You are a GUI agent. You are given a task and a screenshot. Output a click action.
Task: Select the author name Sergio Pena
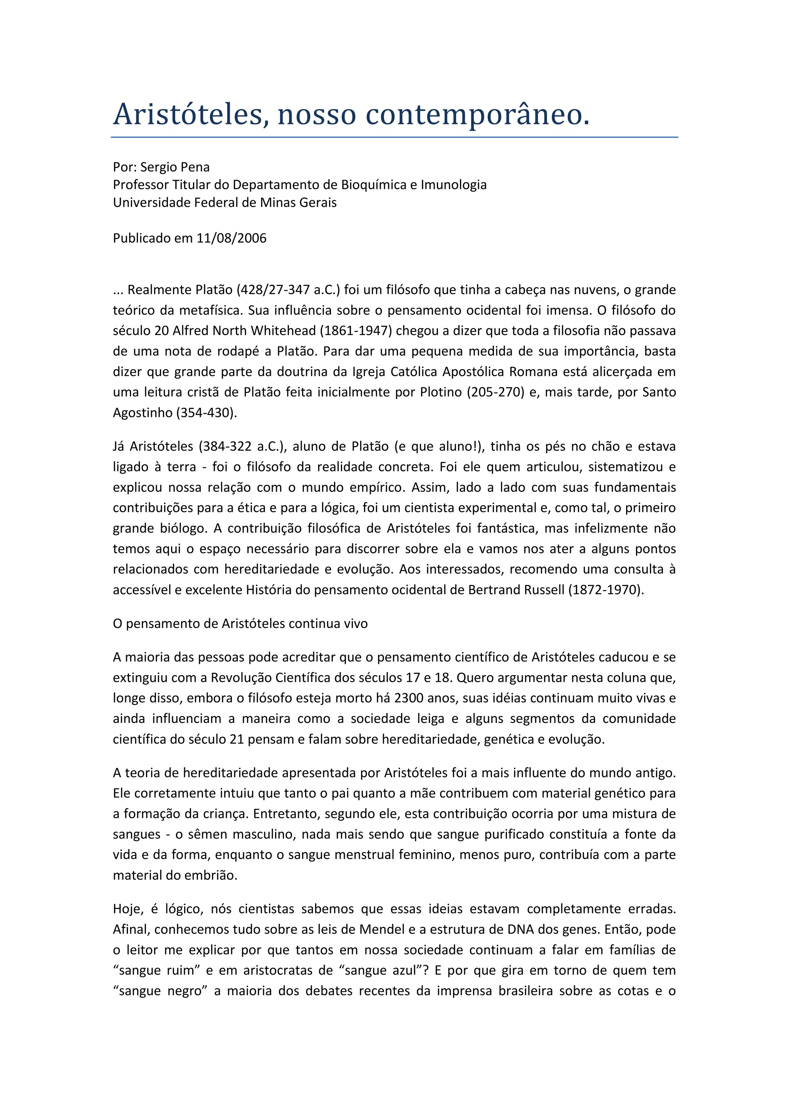coord(175,167)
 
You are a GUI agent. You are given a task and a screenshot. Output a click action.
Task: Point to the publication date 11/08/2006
coord(231,238)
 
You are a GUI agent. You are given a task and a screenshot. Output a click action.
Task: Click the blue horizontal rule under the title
coord(394,137)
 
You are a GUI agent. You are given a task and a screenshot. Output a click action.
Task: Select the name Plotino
coord(441,392)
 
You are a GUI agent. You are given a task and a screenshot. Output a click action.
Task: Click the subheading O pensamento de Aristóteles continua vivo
coord(240,624)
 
